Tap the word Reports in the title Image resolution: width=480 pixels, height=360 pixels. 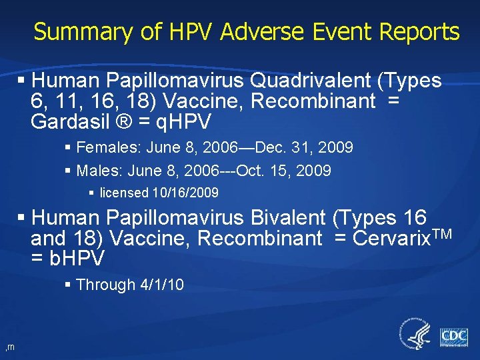click(420, 31)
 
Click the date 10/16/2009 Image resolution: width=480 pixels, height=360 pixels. click(185, 193)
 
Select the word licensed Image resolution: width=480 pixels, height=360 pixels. click(124, 193)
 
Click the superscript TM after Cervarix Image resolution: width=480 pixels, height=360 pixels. click(442, 233)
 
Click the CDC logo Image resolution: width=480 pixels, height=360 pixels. click(453, 335)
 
